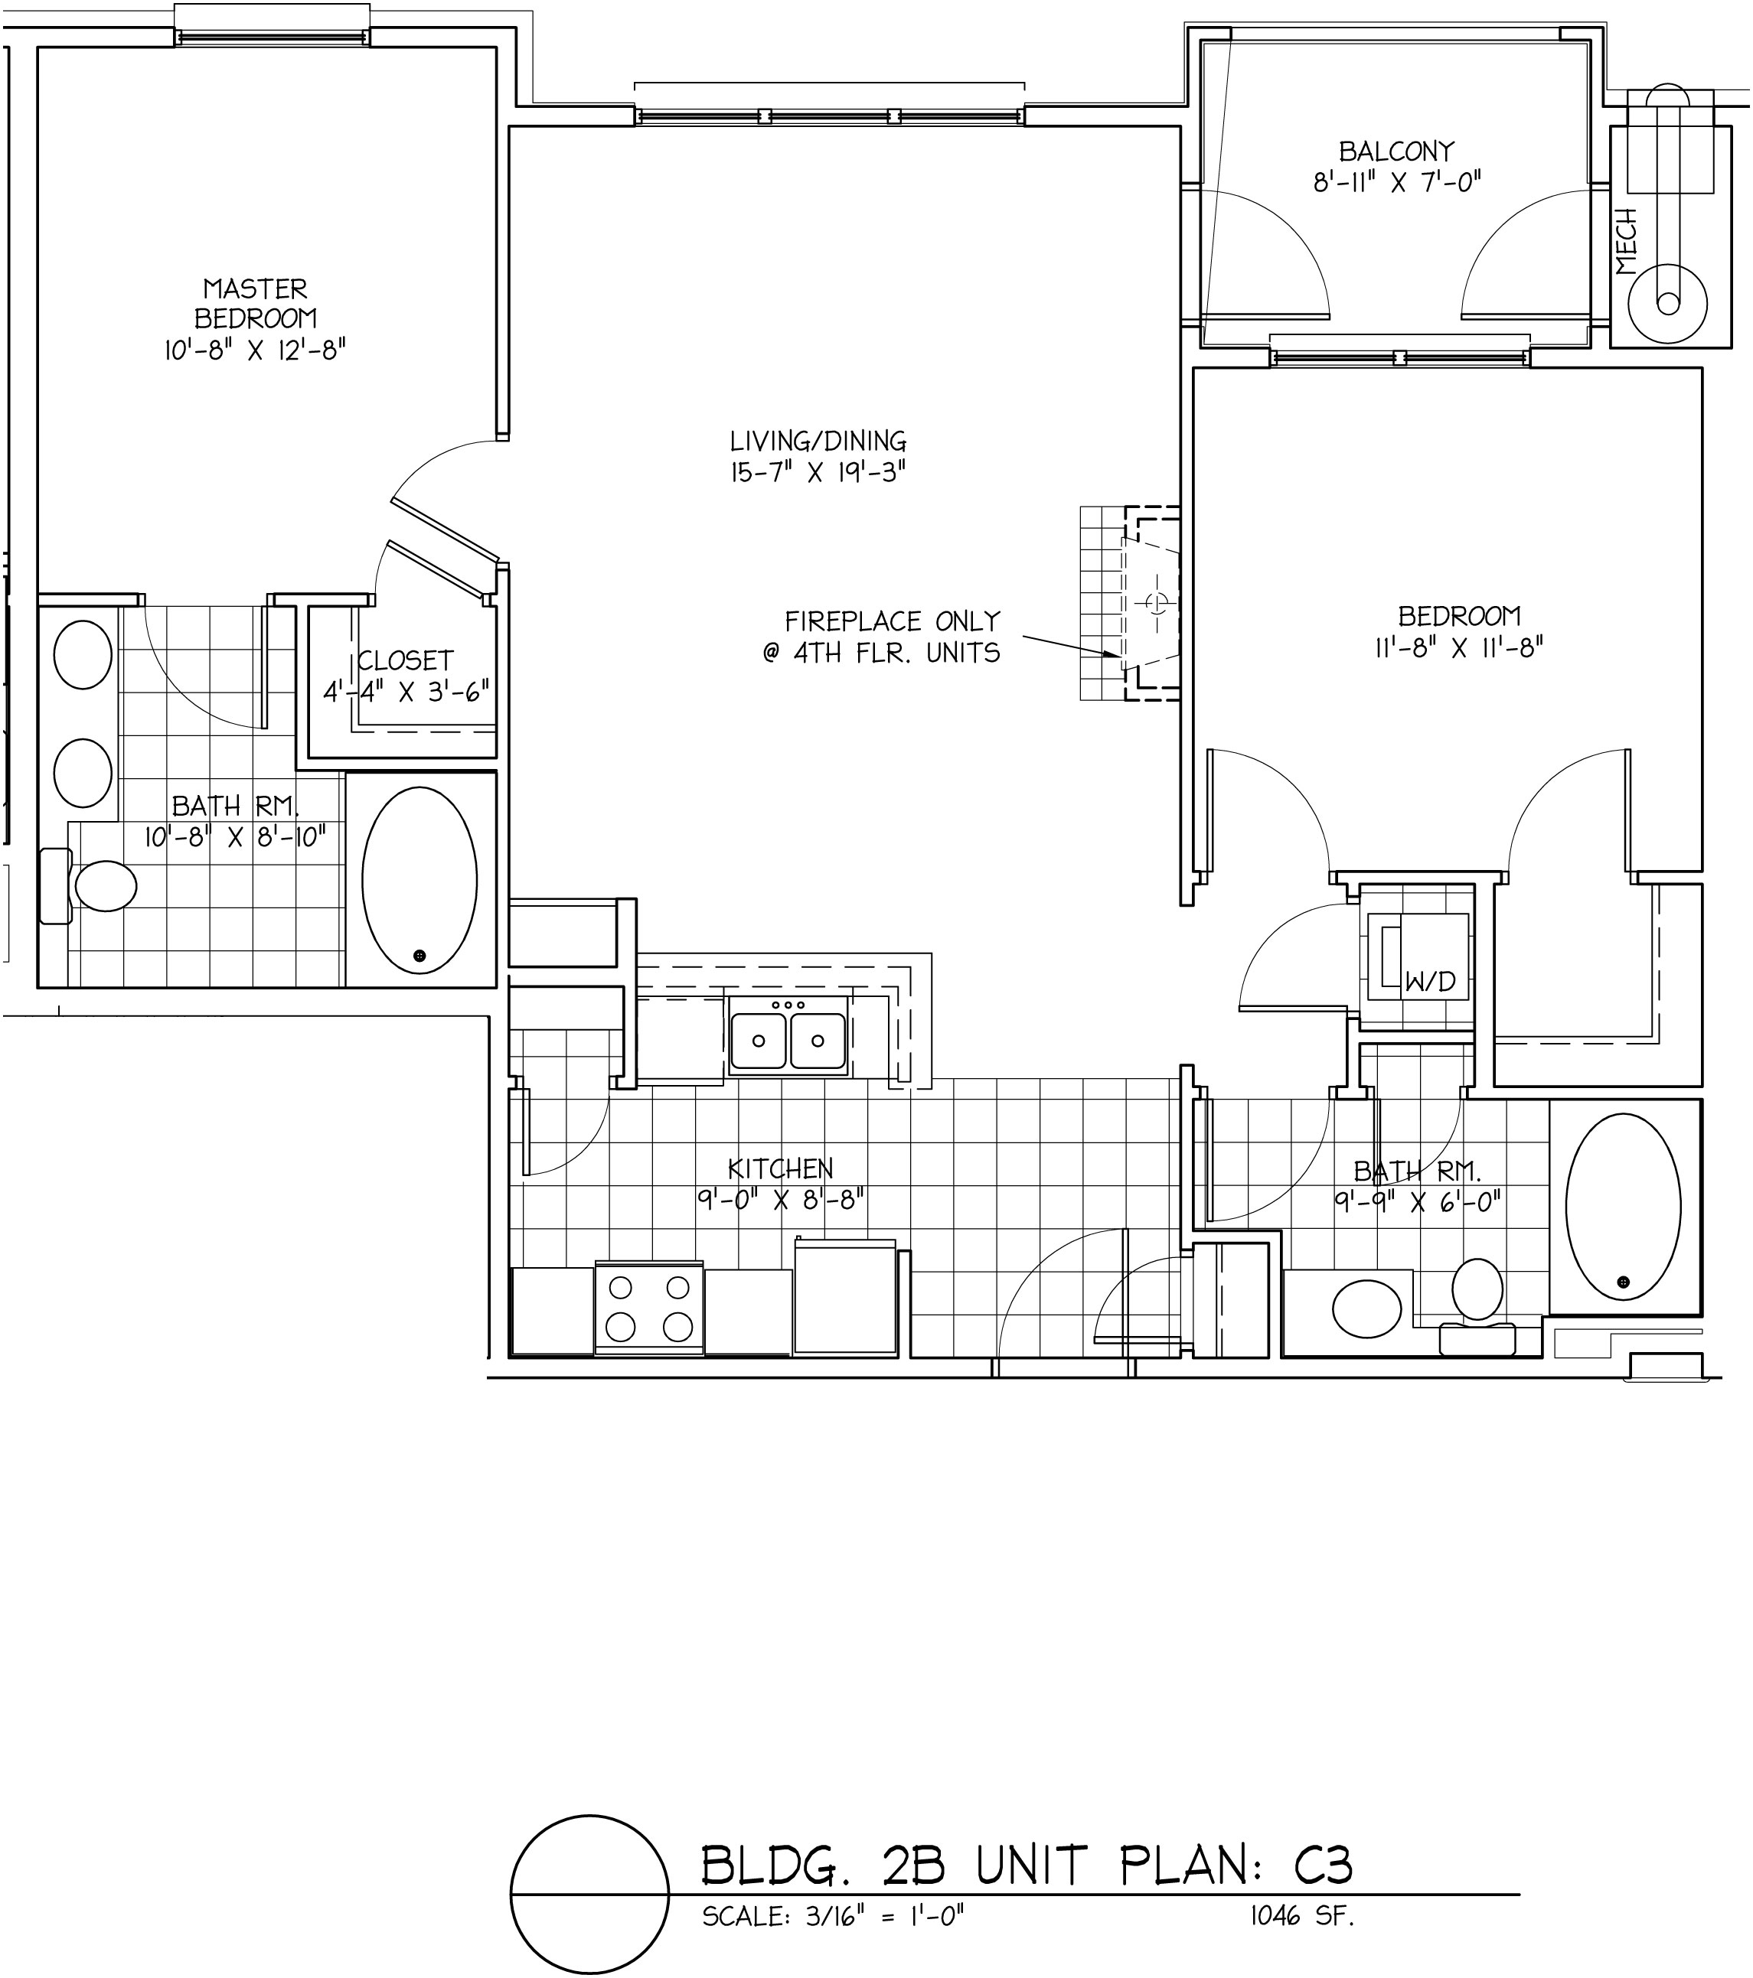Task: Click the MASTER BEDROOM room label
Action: [x=256, y=303]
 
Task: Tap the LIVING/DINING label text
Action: [x=818, y=442]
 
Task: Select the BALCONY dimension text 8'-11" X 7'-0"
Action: [x=1397, y=182]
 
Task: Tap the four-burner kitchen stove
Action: [x=649, y=1308]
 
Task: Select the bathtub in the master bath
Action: [x=419, y=881]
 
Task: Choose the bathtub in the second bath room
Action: [x=1624, y=1207]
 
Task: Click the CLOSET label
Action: [x=406, y=660]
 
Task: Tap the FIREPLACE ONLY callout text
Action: [x=893, y=621]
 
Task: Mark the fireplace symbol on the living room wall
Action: [x=1131, y=603]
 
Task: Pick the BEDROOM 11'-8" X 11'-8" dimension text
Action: [x=1459, y=647]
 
